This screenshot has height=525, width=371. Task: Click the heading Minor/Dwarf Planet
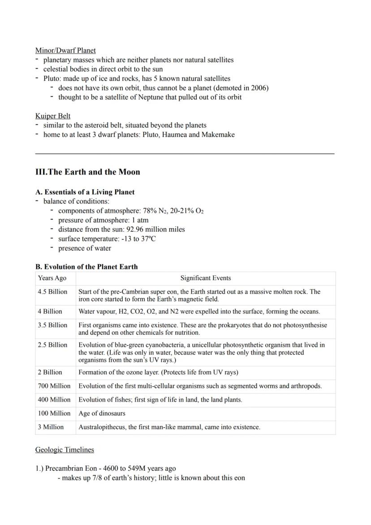click(x=65, y=50)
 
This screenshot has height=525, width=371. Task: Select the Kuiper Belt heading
click(x=53, y=116)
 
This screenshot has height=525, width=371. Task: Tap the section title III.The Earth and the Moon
click(x=87, y=172)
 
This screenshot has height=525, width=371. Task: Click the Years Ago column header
click(x=52, y=278)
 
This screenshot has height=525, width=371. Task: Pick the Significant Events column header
click(x=206, y=278)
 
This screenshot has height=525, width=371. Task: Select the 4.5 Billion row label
click(x=52, y=291)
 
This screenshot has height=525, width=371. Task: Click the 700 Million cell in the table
click(x=54, y=386)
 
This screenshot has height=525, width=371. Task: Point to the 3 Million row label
click(x=51, y=427)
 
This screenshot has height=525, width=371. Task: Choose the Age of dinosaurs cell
click(x=102, y=413)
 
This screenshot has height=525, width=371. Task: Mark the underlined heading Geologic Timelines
click(x=65, y=449)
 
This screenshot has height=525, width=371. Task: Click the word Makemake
click(x=219, y=135)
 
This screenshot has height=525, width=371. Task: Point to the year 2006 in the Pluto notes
click(x=258, y=87)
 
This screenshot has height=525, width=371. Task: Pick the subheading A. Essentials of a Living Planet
click(x=85, y=192)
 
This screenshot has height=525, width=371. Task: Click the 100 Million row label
click(x=54, y=413)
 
